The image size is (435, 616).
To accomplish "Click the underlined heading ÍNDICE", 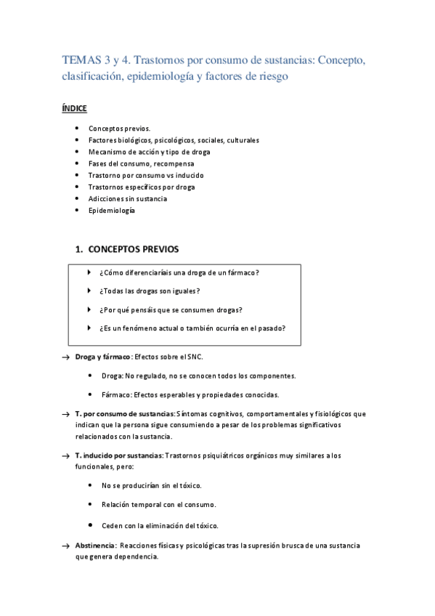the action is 74,108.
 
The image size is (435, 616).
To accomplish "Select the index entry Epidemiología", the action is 111,211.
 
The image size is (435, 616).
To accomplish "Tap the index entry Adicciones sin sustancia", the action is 128,198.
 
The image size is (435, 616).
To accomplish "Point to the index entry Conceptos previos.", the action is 120,128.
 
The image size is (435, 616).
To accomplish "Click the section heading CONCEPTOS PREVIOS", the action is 132,249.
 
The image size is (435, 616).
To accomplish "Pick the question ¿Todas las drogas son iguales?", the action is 149,291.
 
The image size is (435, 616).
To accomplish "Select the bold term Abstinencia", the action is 95,546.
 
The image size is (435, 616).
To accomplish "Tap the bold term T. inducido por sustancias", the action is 119,455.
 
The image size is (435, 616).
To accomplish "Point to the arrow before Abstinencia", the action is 66,546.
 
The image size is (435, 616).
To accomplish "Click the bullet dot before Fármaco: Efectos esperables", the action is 89,394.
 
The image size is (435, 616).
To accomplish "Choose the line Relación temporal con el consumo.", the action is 159,503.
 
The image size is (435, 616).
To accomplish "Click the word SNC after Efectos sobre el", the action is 195,357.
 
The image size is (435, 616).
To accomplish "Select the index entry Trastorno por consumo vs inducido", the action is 146,175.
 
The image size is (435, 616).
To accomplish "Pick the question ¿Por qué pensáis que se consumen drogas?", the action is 171,309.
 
